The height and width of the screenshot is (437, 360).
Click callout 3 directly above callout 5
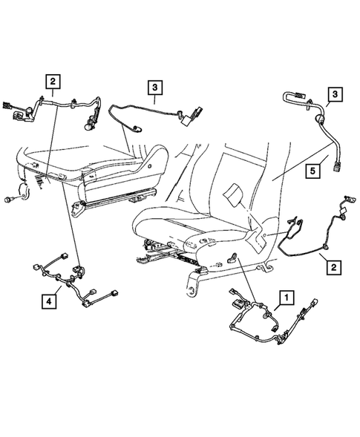point(335,93)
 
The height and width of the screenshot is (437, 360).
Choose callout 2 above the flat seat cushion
point(53,84)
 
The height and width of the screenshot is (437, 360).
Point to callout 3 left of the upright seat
point(154,91)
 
